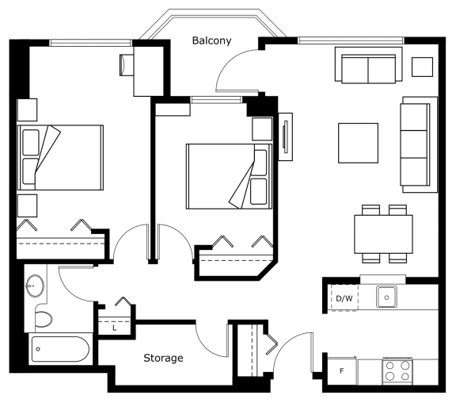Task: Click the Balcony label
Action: [211, 40]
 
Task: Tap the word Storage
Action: [163, 358]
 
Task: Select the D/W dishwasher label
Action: [344, 298]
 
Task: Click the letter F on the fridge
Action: [342, 371]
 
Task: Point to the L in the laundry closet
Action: [115, 328]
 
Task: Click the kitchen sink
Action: [386, 297]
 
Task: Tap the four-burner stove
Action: [397, 371]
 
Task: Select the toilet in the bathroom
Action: [43, 319]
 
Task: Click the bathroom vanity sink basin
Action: [35, 286]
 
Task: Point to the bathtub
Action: [60, 349]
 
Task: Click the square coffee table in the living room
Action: [358, 143]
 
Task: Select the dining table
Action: [383, 234]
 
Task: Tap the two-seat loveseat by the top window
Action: [368, 65]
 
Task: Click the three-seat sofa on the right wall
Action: [419, 144]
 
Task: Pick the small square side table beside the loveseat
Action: [422, 67]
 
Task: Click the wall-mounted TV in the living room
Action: [285, 136]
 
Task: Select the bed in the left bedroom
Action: [60, 158]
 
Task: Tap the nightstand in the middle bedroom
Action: [262, 129]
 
